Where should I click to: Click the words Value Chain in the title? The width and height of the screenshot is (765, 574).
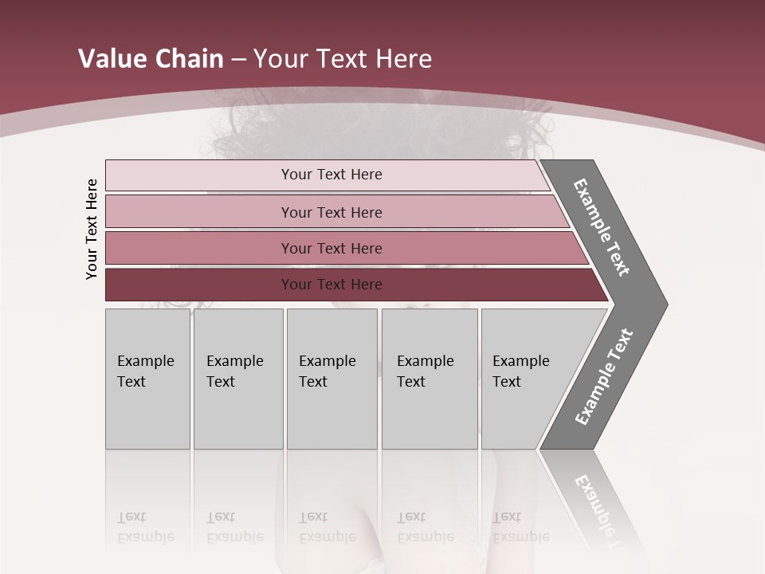pos(151,59)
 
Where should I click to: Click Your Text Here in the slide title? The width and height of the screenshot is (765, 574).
pos(343,59)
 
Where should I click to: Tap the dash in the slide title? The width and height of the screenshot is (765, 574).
pos(238,60)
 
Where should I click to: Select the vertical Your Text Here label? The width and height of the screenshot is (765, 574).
pos(92,229)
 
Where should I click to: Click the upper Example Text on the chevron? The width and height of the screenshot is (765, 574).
pos(602,227)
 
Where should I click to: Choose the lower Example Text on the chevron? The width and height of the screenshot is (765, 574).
pos(604,377)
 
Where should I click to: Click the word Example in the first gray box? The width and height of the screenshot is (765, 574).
pos(145,361)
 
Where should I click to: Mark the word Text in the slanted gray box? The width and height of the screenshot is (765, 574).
pos(506,382)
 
